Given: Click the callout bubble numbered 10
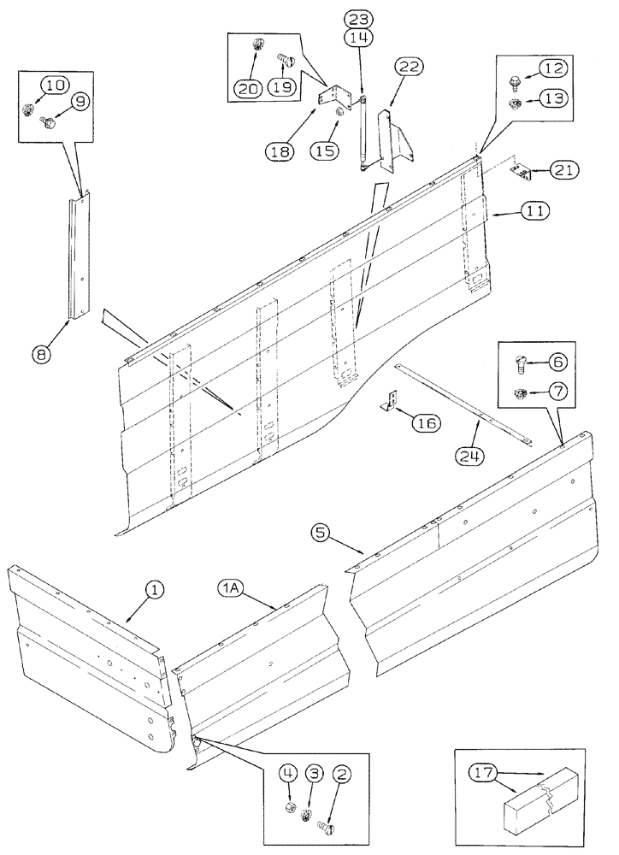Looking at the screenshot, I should point(54,85).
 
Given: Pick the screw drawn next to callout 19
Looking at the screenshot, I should point(286,61).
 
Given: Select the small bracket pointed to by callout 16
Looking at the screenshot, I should point(390,401).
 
